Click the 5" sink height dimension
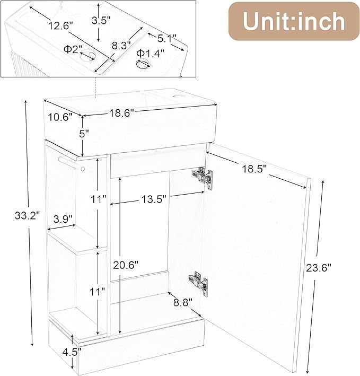click(84, 134)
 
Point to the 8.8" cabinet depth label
click(182, 303)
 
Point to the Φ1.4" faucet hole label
click(150, 53)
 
